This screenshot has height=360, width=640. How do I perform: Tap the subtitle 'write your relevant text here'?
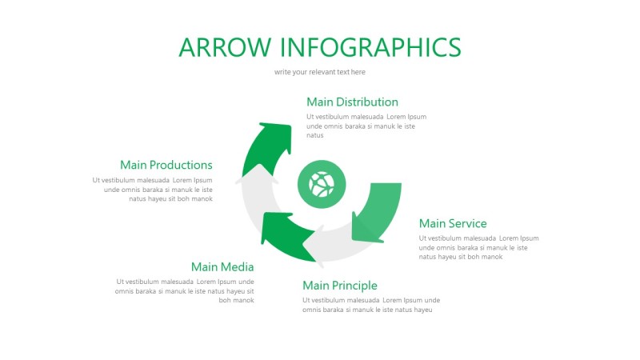click(320, 72)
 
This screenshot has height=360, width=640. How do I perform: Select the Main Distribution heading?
click(352, 102)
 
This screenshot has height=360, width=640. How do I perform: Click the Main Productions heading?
click(166, 165)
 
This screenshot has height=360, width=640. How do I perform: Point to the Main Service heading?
click(453, 223)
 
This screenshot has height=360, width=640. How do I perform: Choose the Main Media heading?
click(222, 266)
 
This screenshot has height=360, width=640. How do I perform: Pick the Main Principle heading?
click(340, 286)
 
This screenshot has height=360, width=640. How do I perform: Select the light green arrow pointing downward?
click(373, 212)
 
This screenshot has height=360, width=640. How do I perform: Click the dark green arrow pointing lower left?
click(284, 236)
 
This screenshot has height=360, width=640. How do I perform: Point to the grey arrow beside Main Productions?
click(253, 192)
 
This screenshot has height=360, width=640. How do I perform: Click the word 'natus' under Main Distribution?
click(315, 135)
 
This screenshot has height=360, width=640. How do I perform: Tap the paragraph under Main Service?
click(478, 247)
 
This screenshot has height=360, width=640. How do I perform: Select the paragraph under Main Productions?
click(153, 189)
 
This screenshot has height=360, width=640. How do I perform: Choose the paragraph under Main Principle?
click(371, 305)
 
